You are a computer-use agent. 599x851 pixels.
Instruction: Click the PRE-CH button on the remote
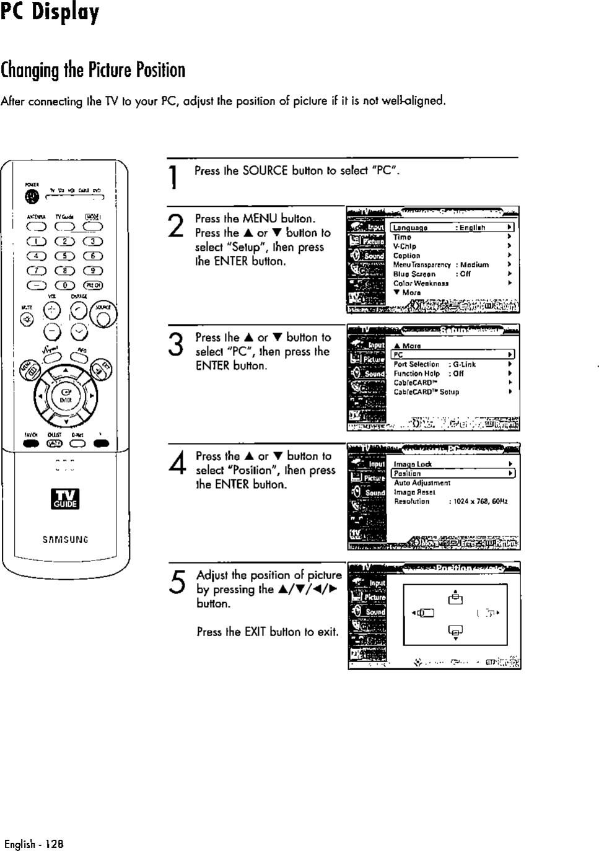click(93, 285)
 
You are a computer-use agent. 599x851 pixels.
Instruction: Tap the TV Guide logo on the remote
click(65, 499)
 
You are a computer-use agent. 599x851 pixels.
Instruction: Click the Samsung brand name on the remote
click(65, 539)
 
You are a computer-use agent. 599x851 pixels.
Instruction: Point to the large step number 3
click(177, 345)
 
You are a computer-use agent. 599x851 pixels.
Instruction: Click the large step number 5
click(177, 583)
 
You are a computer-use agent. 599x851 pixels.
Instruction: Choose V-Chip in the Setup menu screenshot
click(404, 246)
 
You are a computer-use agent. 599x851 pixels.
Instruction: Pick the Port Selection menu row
click(416, 364)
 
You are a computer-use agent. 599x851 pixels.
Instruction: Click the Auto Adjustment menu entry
click(422, 482)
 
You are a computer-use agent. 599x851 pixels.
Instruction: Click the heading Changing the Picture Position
click(93, 70)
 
